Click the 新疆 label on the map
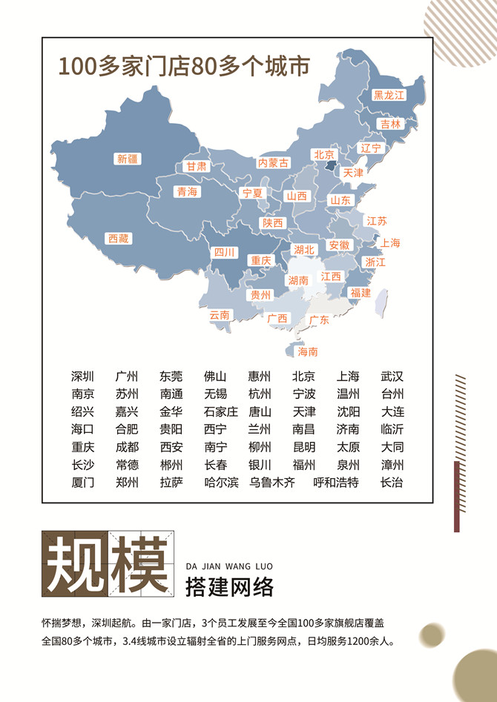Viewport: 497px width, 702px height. [x=128, y=158]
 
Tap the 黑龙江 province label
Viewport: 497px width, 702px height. [x=389, y=95]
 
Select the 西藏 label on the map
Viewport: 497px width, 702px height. [x=119, y=239]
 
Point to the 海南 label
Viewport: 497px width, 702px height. [x=308, y=351]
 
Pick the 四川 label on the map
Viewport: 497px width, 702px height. [x=224, y=253]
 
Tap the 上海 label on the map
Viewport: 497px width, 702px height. [x=390, y=243]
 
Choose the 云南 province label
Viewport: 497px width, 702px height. [x=220, y=314]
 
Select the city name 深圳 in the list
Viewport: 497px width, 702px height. [x=82, y=377]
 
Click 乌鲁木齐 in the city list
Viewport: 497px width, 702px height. [x=272, y=483]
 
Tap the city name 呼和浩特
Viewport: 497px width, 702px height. [x=336, y=483]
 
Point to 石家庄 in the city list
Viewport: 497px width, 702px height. [x=221, y=412]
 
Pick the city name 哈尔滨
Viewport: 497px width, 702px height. [x=221, y=483]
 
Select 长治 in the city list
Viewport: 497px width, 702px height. [x=392, y=483]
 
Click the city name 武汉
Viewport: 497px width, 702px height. [x=392, y=377]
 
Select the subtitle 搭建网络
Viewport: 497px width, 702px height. [x=229, y=587]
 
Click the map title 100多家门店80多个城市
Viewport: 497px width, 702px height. [x=184, y=67]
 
